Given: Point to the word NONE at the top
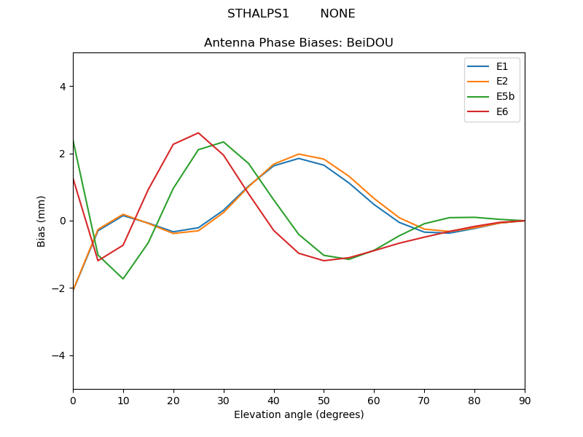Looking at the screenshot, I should click(x=337, y=14).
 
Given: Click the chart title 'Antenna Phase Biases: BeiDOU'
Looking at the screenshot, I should click(x=299, y=43).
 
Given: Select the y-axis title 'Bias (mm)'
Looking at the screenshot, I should click(x=42, y=221).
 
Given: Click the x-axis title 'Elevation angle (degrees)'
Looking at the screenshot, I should click(x=299, y=414).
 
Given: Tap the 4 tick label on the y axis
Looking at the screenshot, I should click(x=63, y=86).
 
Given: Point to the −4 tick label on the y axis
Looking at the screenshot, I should click(x=60, y=355).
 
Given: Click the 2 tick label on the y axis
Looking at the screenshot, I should click(x=63, y=154).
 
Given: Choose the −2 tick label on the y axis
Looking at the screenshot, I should click(x=60, y=288).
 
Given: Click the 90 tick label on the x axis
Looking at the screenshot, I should click(x=525, y=400).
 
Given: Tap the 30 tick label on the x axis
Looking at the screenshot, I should click(x=224, y=400).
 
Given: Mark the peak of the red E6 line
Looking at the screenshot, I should click(x=198, y=133).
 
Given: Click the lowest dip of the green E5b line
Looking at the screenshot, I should click(x=123, y=279).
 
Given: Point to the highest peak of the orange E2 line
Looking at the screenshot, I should click(x=299, y=154).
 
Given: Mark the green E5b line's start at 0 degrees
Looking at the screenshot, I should click(x=73, y=140).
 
